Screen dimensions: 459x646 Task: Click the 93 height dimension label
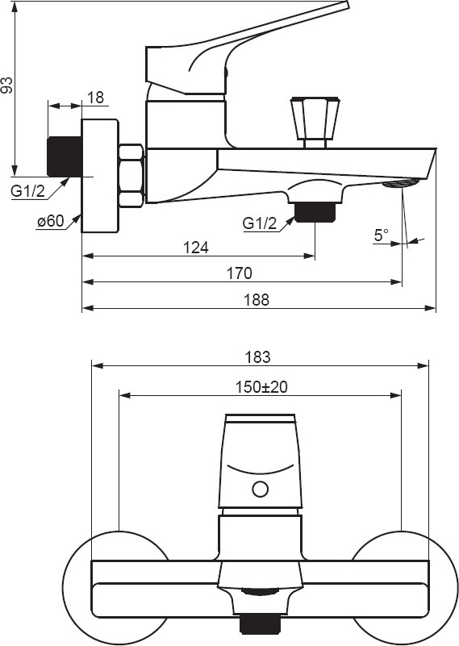point(7,85)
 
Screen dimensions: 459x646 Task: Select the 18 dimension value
point(95,98)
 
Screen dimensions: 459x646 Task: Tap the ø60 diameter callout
point(51,221)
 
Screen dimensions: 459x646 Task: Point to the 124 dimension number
point(196,248)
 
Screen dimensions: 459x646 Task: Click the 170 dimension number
point(239,273)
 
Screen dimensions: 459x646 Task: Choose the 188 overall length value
point(257,299)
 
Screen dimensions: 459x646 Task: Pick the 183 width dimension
point(257,356)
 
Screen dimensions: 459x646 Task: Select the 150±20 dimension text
point(261,387)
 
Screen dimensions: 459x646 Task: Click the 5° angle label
point(381,235)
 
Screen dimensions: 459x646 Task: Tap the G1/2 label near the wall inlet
point(28,191)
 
